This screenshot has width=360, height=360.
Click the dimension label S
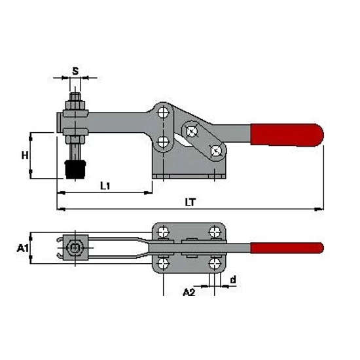click(75, 71)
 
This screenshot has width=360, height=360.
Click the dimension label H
click(25, 156)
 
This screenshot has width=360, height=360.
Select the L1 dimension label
click(105, 185)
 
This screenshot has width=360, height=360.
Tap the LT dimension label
click(190, 202)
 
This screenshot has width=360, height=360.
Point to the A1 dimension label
click(22, 248)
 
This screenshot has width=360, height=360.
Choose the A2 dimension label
click(189, 292)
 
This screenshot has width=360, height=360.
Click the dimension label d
click(233, 279)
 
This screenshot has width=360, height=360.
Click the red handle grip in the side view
click(287, 135)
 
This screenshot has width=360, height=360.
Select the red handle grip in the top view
click(287, 248)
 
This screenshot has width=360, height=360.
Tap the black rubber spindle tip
click(75, 170)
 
